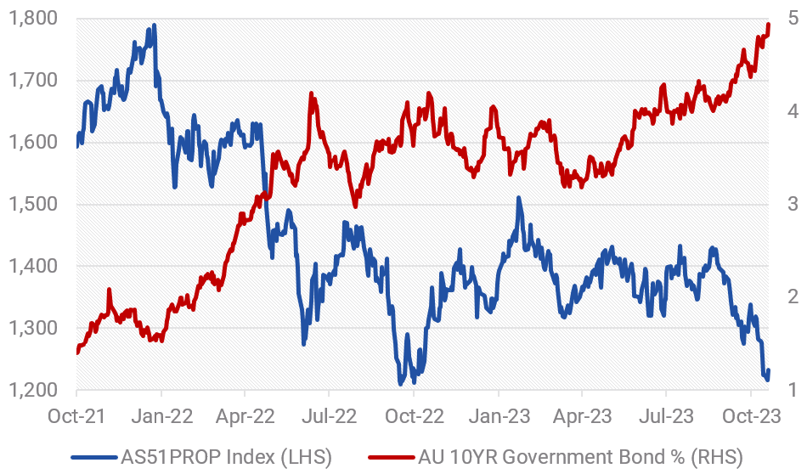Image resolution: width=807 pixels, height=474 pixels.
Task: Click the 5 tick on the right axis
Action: point(793,19)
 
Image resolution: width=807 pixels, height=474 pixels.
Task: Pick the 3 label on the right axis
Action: point(793,205)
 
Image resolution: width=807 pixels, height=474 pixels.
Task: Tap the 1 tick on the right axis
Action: point(793,391)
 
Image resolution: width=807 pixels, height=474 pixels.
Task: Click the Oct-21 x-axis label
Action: point(77,417)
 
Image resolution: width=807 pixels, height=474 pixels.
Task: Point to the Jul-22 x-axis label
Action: point(329,417)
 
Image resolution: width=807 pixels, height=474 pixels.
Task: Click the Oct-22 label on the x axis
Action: point(414,417)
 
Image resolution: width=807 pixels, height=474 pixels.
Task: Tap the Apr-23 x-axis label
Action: point(581,417)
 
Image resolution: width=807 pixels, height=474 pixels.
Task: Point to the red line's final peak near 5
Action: point(769,24)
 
